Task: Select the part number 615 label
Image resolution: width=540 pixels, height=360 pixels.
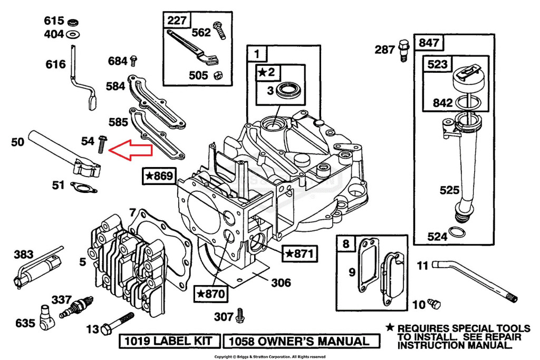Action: tap(54, 21)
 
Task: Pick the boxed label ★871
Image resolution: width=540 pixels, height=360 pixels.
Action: tap(300, 254)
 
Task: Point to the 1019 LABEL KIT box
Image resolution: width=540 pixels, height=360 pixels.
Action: tap(169, 341)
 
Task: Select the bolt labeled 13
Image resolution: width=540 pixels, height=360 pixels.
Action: tap(119, 322)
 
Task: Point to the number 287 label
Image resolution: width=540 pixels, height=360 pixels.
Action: tap(385, 50)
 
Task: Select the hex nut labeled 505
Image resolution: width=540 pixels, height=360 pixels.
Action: tap(217, 76)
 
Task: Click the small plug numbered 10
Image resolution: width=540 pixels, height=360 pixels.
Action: tap(434, 303)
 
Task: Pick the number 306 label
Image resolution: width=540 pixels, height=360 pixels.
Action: tap(281, 283)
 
